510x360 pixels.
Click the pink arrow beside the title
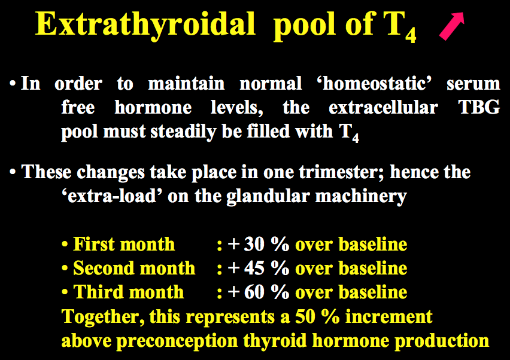tap(452, 26)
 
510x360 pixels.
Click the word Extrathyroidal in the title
tap(145, 25)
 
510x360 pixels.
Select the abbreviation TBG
tap(479, 107)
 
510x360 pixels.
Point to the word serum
tap(473, 84)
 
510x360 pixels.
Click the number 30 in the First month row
tap(254, 244)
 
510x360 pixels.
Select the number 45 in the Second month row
tap(254, 268)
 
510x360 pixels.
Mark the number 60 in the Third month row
tap(254, 292)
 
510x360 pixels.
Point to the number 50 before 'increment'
tap(305, 316)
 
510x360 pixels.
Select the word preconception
tap(177, 341)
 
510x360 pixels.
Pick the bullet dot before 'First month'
tap(65, 245)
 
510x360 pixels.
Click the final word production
tap(442, 341)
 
